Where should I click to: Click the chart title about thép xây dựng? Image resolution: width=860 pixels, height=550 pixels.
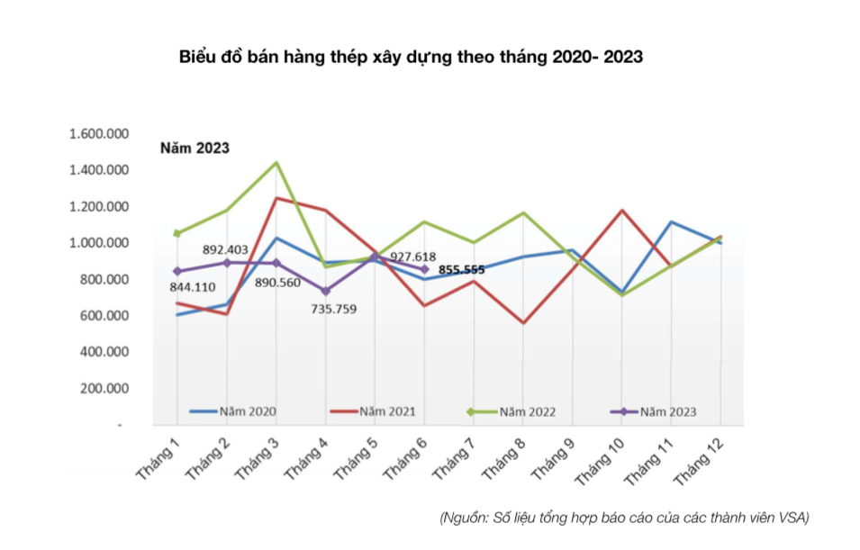pos(411,56)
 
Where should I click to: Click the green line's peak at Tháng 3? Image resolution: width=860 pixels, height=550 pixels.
pos(276,163)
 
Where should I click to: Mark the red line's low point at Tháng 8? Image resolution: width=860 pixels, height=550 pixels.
pos(523,322)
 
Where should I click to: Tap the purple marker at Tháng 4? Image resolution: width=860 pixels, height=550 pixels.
pos(325,291)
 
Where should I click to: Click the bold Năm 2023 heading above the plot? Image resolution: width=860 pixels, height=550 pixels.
pos(195,149)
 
